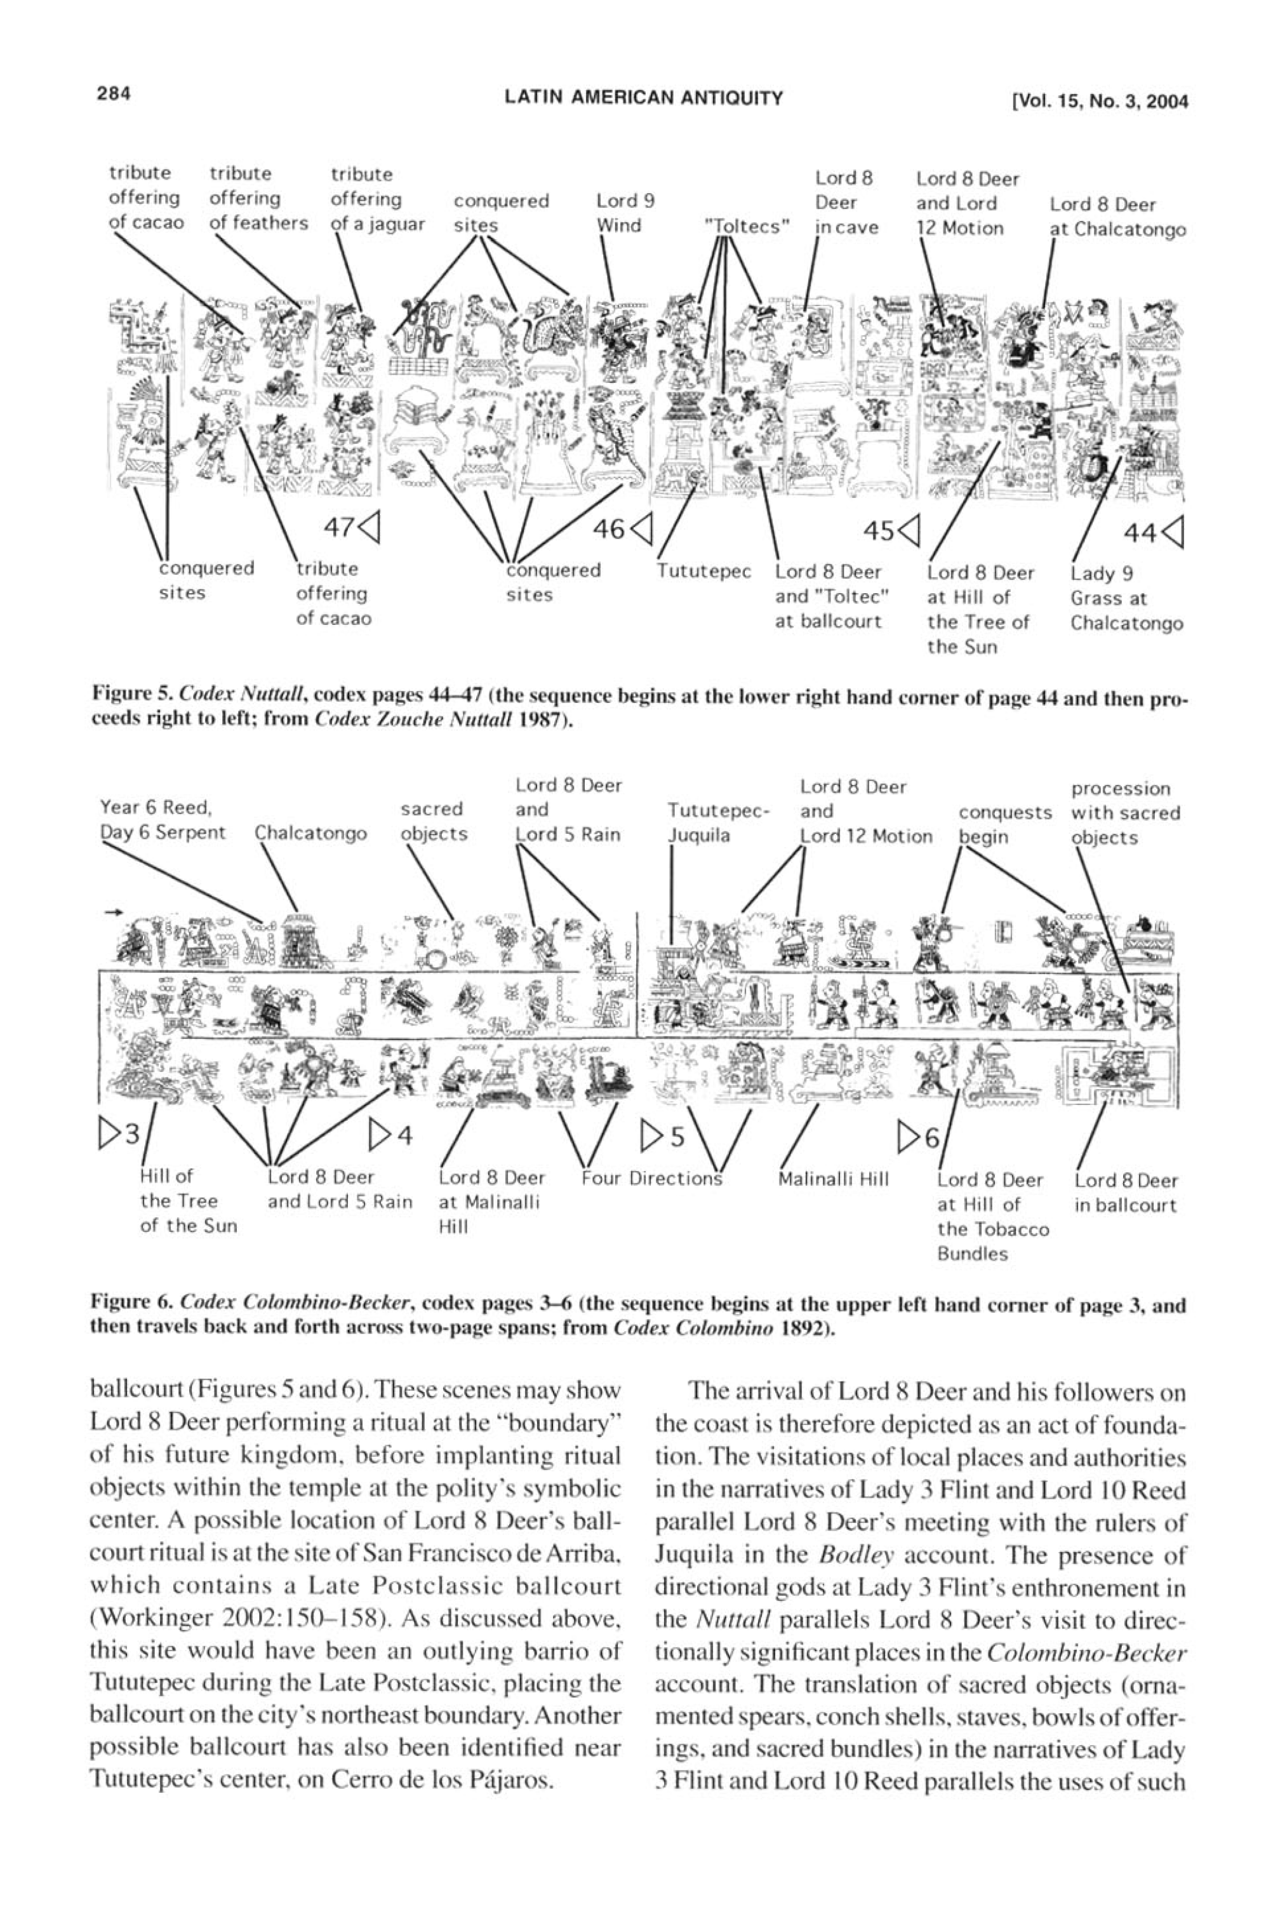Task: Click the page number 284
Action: pos(114,95)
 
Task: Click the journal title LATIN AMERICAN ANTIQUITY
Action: pos(644,98)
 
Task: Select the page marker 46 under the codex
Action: pos(621,529)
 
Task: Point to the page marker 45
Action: pos(891,530)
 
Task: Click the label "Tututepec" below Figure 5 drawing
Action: pos(703,572)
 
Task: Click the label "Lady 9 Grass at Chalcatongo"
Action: pos(1126,598)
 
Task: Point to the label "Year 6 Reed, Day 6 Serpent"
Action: pos(163,820)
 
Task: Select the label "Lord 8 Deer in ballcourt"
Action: pos(1126,1193)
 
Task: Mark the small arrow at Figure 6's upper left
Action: pos(114,913)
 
